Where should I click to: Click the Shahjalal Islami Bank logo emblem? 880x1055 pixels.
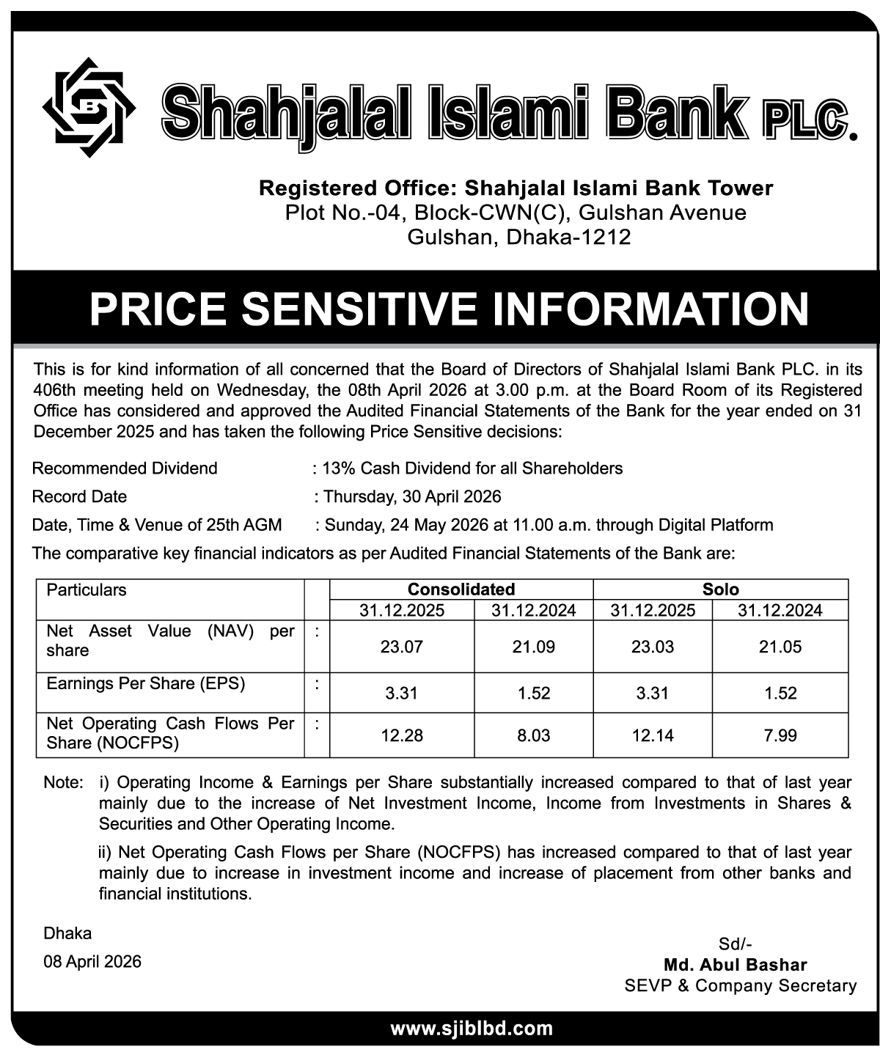tap(89, 107)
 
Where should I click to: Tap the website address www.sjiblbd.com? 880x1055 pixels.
tap(471, 1029)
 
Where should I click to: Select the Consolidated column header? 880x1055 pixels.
tap(461, 589)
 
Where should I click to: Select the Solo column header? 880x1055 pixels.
tap(720, 589)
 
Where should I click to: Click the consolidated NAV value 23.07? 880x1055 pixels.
tap(402, 647)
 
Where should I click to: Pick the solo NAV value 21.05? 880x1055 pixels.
tap(780, 647)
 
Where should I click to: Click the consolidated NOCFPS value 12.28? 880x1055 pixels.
tap(402, 735)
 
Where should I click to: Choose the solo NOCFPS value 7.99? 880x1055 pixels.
tap(780, 735)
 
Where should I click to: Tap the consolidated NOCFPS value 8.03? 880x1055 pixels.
tap(533, 735)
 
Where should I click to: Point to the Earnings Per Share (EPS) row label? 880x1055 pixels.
tap(146, 684)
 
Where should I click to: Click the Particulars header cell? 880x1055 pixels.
tap(87, 590)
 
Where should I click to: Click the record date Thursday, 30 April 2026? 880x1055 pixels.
tap(412, 497)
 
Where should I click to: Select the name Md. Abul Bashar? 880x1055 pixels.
tap(735, 965)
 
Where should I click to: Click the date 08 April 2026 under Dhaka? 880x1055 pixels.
tap(92, 961)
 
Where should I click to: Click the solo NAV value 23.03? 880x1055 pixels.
tap(652, 647)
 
